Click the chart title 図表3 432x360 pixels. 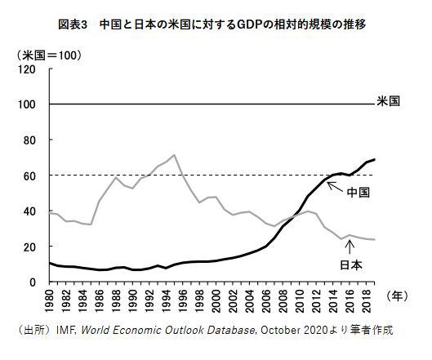click(73, 24)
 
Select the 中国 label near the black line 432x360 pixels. click(359, 192)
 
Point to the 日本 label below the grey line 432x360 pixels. click(351, 265)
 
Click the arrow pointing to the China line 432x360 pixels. click(335, 187)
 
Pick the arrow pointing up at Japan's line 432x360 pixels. click(350, 247)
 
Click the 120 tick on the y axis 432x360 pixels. click(27, 69)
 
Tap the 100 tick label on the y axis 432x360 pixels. click(27, 104)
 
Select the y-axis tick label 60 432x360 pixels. click(29, 176)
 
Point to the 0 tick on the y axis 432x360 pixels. click(33, 282)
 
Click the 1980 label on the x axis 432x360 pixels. click(50, 300)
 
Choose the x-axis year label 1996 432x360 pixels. click(183, 300)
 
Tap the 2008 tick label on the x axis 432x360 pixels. click(283, 300)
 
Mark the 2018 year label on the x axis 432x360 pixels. click(367, 300)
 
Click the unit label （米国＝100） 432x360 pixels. click(49, 56)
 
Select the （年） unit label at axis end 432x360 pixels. click(397, 296)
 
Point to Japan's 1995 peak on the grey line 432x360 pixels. click(174, 155)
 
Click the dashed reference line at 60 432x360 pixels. click(212, 176)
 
